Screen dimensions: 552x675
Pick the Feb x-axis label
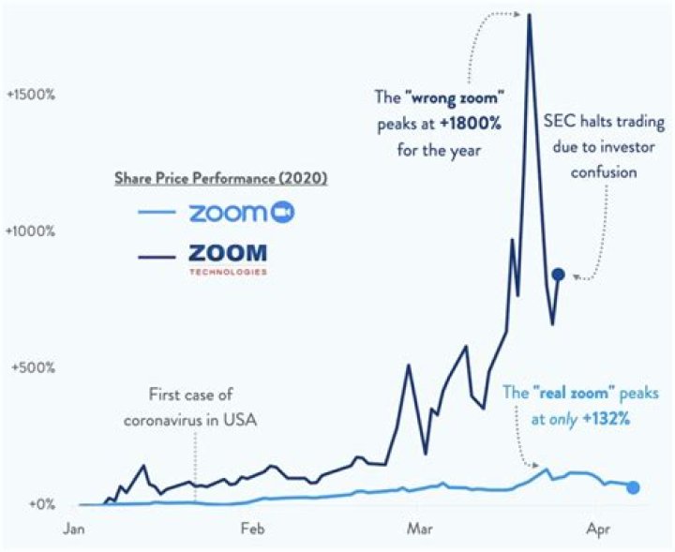[x=252, y=530]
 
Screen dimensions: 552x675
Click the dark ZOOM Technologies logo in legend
[x=228, y=256]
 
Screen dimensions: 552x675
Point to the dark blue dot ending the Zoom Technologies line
[x=559, y=274]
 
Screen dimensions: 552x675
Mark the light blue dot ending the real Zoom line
[x=634, y=487]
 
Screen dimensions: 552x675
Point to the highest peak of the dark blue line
[x=530, y=14]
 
